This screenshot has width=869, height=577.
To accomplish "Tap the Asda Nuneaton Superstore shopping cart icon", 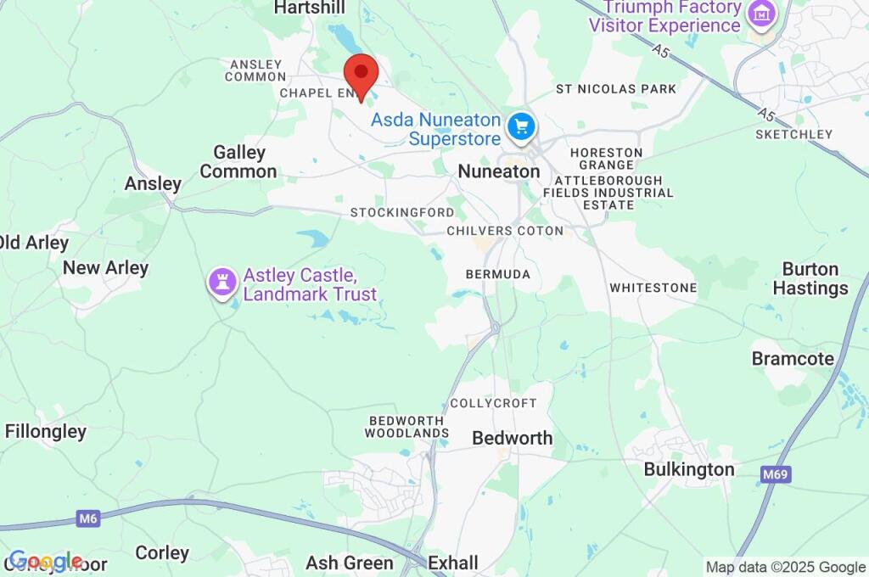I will (x=521, y=127).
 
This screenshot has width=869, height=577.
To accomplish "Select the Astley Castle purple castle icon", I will (x=222, y=283).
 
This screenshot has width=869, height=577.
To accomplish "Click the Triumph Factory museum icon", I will (x=761, y=14).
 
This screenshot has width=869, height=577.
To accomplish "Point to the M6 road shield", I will (x=87, y=517).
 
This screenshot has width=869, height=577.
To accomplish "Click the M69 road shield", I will (x=776, y=474).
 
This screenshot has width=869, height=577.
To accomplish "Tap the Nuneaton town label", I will (x=498, y=171).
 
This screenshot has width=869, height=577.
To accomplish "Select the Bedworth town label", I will (x=512, y=438).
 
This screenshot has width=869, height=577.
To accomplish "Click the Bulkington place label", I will (x=688, y=469).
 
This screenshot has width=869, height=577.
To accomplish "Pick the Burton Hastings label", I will (x=810, y=278).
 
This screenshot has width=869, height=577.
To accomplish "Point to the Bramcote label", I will (x=793, y=359).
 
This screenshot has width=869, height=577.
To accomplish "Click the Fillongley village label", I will (x=46, y=431).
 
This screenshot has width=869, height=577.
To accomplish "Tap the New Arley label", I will (x=105, y=268).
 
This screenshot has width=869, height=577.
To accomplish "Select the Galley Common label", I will (x=238, y=162).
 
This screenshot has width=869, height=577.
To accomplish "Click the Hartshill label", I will (x=310, y=8).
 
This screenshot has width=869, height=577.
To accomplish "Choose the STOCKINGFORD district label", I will (x=402, y=212).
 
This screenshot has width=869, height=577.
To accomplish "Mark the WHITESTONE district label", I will (x=653, y=288).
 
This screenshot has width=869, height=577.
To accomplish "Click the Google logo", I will (x=44, y=561).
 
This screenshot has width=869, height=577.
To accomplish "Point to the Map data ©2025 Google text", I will (x=786, y=567).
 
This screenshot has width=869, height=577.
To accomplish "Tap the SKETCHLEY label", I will (x=793, y=134).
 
